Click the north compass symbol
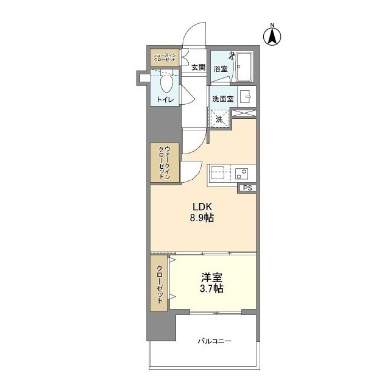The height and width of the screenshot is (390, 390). (x=272, y=36)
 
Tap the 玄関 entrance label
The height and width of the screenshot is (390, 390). (x=199, y=67)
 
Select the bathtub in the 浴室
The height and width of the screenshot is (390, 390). (x=244, y=66)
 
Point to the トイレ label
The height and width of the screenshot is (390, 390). (x=165, y=99)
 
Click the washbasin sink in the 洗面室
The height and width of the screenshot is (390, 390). (x=245, y=96)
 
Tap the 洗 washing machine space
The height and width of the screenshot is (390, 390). (x=219, y=119)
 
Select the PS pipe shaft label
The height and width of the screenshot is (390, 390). (x=247, y=188)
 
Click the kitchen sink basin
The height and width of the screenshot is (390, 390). (x=218, y=172)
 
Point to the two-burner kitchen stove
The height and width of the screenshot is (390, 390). (x=242, y=174)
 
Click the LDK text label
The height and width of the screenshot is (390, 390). (x=202, y=207)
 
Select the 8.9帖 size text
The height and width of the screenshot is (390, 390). (x=202, y=218)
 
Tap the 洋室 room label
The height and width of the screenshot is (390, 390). (x=211, y=277)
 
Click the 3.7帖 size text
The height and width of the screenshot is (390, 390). (x=211, y=288)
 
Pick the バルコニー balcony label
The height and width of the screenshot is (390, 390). (x=214, y=341)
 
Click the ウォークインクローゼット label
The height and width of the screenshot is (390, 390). (x=165, y=163)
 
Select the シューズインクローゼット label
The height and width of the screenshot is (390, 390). (x=165, y=57)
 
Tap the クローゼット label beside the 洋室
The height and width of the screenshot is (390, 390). (x=160, y=285)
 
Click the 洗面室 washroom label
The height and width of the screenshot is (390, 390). (x=223, y=99)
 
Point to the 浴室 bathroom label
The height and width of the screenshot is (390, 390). (x=221, y=69)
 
